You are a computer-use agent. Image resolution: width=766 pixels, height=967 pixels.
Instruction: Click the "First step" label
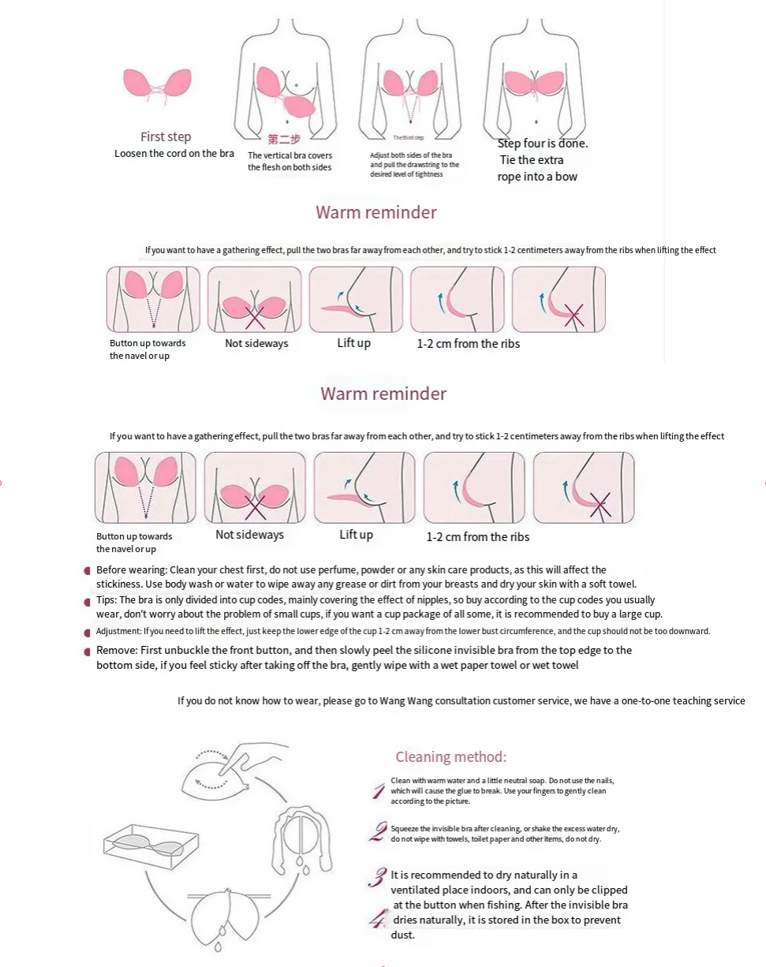coord(166,136)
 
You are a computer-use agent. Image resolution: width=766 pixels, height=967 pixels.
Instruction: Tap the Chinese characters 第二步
coord(284,139)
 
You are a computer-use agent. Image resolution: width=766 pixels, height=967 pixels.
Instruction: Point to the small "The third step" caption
coord(409,138)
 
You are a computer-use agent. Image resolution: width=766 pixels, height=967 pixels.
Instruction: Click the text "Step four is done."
coord(543,144)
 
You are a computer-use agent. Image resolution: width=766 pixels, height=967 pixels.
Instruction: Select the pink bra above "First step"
coord(157,84)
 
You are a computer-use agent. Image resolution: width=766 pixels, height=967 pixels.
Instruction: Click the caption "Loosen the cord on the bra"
coord(174,153)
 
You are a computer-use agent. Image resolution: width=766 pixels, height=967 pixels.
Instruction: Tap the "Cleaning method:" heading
coord(451,757)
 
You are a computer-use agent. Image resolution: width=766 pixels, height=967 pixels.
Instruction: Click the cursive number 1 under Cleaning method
coord(379,791)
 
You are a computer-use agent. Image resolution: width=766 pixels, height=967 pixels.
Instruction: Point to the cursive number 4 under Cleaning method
coord(379,919)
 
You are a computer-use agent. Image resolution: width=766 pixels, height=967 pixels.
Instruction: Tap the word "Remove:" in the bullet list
coord(114,651)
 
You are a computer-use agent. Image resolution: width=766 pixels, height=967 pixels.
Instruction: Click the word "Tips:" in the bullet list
coord(106,600)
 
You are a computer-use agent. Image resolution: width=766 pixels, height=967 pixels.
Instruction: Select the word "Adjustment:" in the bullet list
coord(118,631)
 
